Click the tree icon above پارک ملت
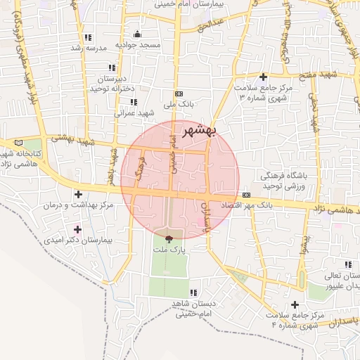[167, 238]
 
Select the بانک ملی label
[178, 104]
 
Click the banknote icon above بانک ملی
[179, 93]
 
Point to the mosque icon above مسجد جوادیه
[136, 34]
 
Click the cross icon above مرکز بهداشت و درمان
[77, 194]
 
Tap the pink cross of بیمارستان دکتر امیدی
[77, 229]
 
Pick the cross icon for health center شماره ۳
[264, 77]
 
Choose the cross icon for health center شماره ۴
[295, 304]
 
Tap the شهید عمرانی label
[134, 112]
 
